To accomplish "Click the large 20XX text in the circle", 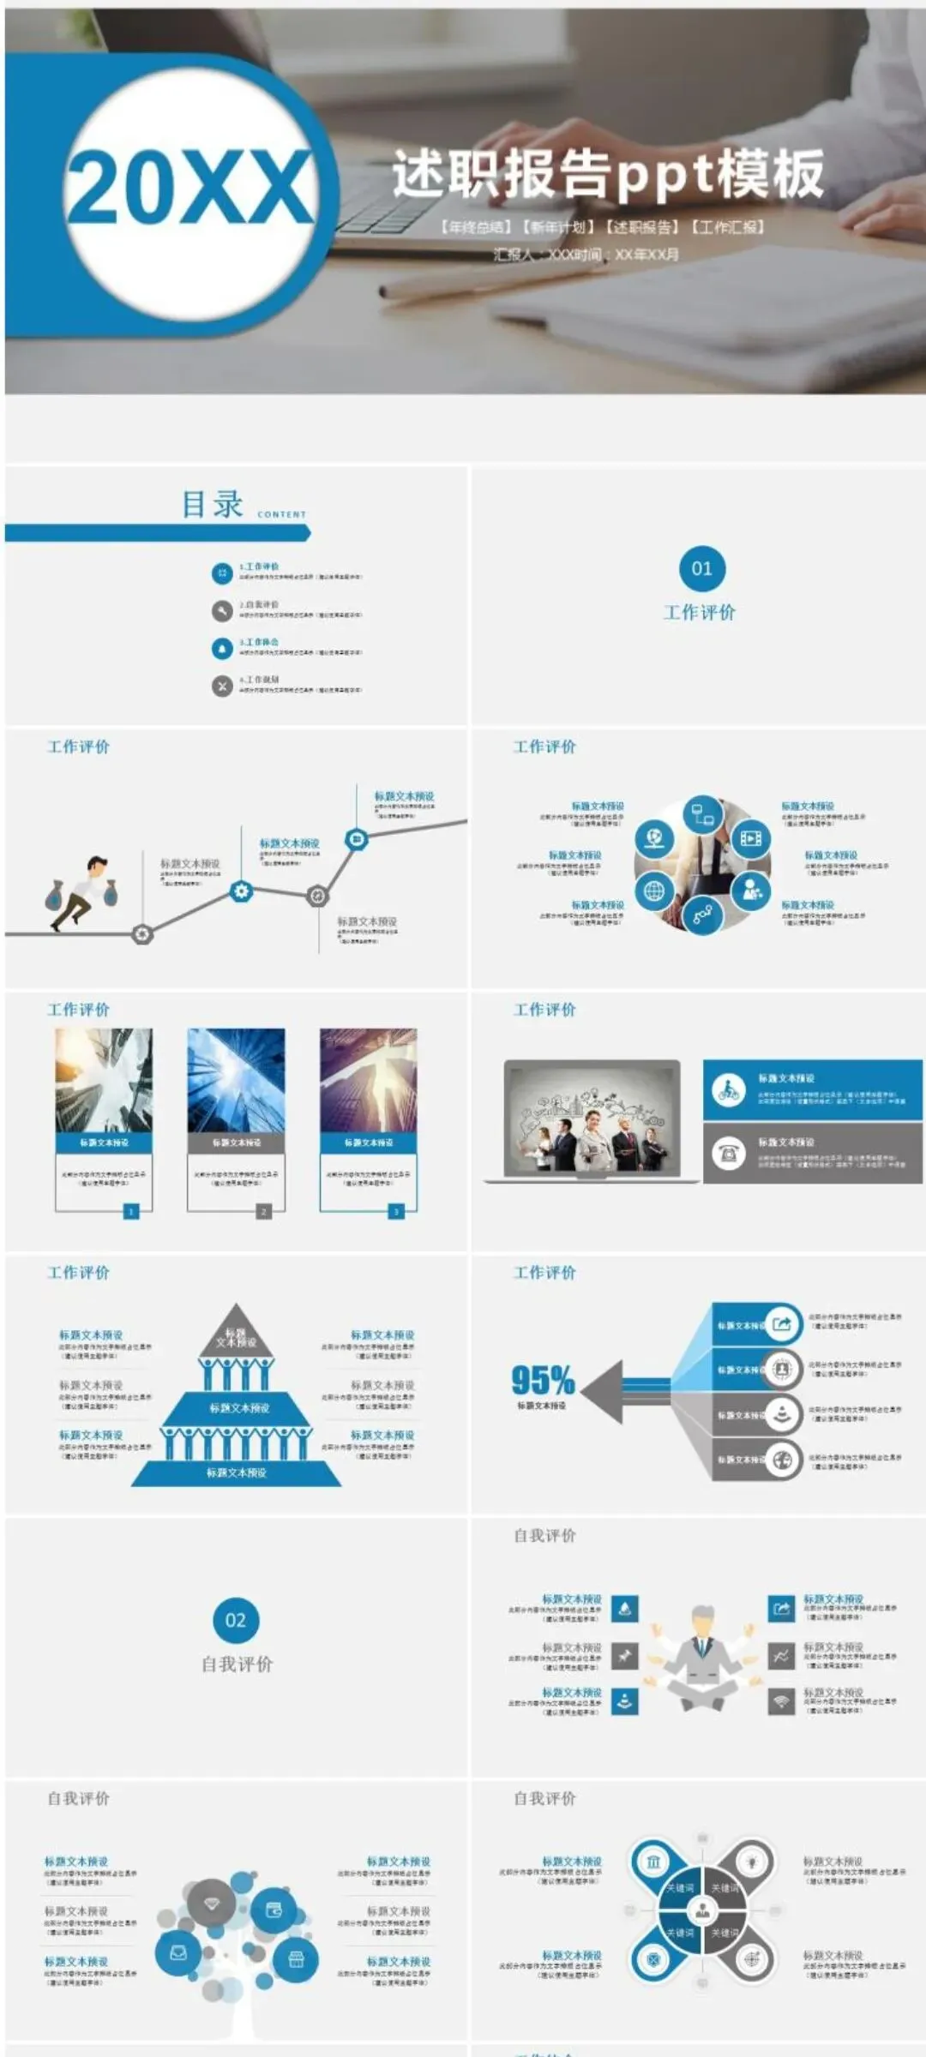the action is click(190, 187).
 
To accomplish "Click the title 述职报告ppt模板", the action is click(608, 174).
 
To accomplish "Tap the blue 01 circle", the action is click(701, 568).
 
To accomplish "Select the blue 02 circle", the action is click(236, 1620).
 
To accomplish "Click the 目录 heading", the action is click(212, 504).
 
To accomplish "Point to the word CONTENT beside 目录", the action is click(281, 514).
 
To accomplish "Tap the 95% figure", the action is click(542, 1380).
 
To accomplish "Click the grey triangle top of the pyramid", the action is click(236, 1331).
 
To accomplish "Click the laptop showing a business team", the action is click(592, 1121).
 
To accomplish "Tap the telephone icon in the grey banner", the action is click(729, 1154).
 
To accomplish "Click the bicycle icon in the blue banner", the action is click(729, 1090).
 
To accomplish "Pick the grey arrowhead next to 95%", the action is click(600, 1385).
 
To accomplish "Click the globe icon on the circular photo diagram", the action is click(654, 891).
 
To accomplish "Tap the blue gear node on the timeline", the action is click(242, 891).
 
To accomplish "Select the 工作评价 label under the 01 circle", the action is click(700, 612).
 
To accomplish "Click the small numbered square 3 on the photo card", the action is click(396, 1211).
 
